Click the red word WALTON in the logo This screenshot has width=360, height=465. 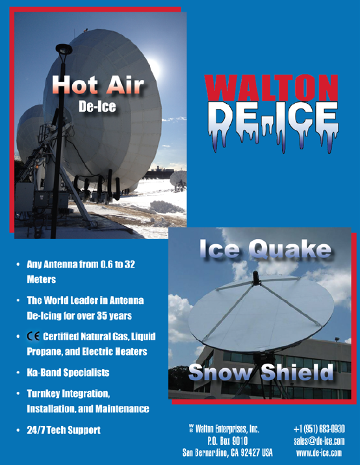(271, 88)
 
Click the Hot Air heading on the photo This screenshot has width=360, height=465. (97, 84)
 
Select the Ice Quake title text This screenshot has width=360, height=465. (265, 249)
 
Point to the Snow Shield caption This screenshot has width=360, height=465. (261, 372)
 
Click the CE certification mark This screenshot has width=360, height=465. (33, 336)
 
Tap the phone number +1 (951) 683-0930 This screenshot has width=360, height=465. (319, 429)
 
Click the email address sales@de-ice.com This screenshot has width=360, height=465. (319, 441)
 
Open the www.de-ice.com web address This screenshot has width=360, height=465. (319, 453)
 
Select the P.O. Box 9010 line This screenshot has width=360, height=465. (227, 441)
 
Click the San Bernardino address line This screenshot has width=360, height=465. (227, 453)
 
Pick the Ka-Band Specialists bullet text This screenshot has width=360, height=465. (68, 373)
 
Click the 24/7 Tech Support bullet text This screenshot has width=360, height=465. (64, 430)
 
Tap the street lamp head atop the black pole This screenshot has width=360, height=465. (64, 49)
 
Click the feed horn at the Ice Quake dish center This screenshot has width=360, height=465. (256, 278)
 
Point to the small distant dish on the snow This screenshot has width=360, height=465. (178, 179)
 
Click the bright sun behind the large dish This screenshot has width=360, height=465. (154, 68)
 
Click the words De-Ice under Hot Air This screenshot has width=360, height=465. (97, 107)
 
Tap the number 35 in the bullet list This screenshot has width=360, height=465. (102, 316)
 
